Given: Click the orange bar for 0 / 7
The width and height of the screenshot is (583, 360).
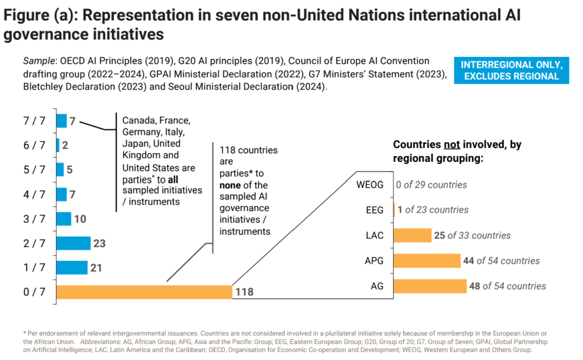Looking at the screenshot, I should click(144, 292).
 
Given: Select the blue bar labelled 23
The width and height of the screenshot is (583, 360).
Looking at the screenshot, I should click(73, 243).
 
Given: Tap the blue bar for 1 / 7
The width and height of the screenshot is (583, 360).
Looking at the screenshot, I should click(72, 268).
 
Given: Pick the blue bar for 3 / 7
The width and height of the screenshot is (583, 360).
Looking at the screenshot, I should click(64, 219).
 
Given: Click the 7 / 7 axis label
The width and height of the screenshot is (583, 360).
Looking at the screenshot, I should click(35, 121).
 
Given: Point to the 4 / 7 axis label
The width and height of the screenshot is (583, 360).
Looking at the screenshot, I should click(35, 194).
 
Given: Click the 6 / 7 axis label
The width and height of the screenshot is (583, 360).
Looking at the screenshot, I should click(35, 145).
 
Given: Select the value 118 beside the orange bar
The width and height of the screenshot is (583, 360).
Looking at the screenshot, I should click(244, 292).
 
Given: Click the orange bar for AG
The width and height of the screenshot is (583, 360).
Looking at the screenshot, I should click(429, 286).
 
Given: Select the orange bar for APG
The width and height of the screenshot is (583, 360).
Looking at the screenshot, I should click(426, 261).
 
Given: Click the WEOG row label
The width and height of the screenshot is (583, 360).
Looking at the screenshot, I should click(371, 185).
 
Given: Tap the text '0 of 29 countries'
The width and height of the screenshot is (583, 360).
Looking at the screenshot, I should click(432, 185).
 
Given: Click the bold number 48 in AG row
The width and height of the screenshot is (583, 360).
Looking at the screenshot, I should click(474, 286).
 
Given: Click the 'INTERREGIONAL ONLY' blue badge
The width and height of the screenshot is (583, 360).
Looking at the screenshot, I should click(511, 70).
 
